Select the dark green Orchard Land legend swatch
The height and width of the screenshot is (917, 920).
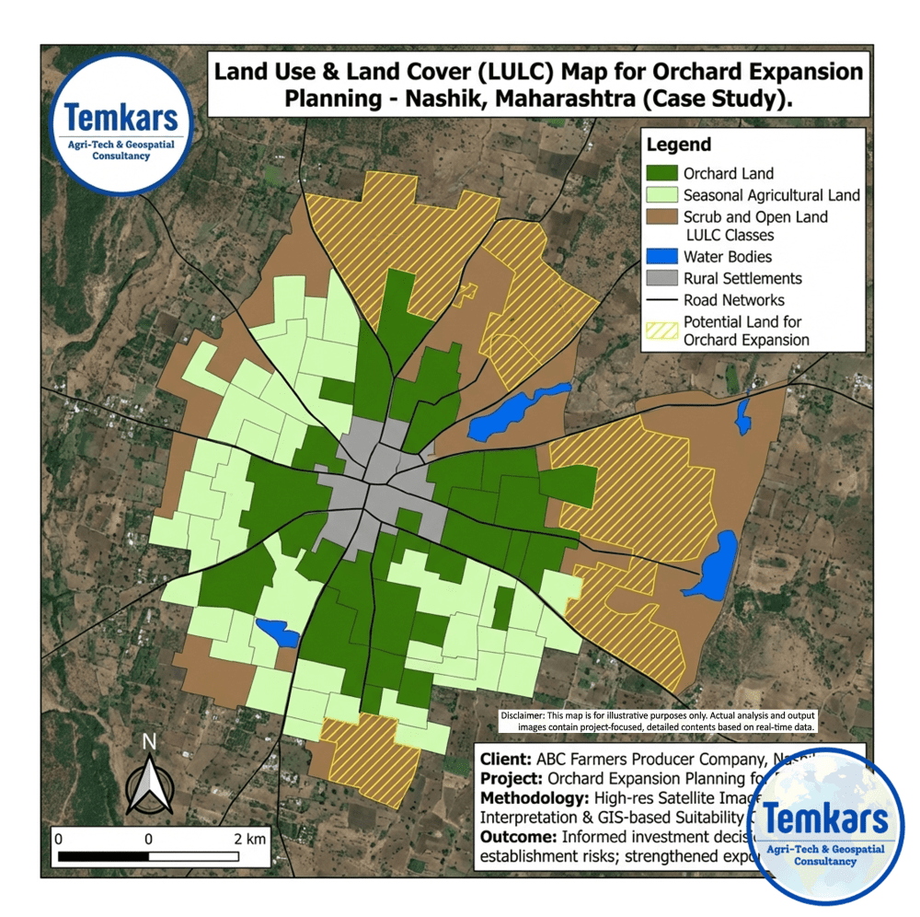[661, 173]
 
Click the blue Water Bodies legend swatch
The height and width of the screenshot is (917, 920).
[661, 257]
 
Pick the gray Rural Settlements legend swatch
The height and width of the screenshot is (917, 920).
[661, 278]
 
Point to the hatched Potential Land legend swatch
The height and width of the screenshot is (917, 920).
[661, 331]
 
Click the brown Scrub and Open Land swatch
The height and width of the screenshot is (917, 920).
[661, 217]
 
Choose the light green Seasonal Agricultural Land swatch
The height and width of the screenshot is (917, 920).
[661, 195]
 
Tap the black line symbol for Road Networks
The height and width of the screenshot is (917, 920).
[661, 300]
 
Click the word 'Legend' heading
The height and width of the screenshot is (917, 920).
[679, 145]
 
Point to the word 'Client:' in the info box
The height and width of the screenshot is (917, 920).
[502, 760]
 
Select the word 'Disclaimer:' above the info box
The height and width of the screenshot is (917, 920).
[523, 715]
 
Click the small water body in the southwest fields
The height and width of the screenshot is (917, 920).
[277, 633]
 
